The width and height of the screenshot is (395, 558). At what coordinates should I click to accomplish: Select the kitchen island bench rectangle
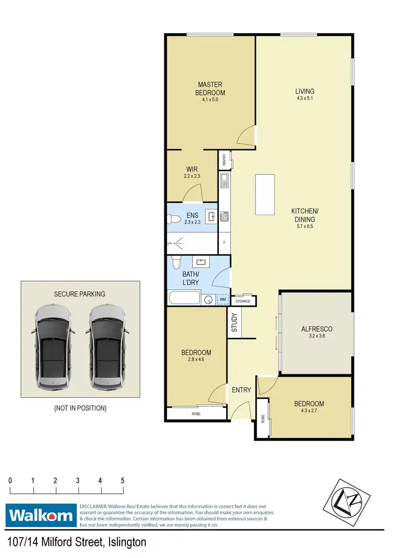point(265,195)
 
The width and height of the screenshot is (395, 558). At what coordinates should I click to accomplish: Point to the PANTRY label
point(224,159)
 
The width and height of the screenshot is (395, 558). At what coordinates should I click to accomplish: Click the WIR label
point(191,169)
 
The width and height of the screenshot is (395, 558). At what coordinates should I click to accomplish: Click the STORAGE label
point(243,301)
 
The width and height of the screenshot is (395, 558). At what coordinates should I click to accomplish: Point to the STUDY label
point(235,323)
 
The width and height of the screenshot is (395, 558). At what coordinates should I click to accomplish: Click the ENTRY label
point(241,390)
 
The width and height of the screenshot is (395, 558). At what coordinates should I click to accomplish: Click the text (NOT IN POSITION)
point(80,408)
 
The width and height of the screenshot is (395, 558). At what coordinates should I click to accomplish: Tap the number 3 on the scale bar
point(78,480)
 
